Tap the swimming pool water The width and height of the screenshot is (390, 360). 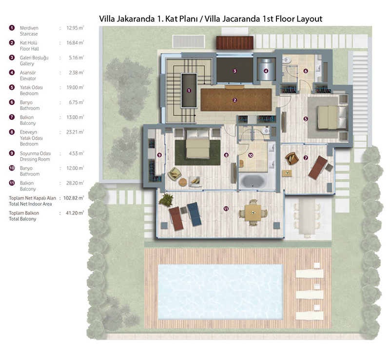click(x=221, y=292)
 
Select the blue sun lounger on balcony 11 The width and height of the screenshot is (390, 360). click(x=194, y=214)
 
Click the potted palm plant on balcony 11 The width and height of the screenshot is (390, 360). click(x=166, y=200)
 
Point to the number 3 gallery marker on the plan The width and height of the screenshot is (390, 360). click(x=234, y=71)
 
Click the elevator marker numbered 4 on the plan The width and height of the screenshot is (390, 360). click(x=266, y=71)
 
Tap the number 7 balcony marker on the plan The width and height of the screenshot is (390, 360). click(x=306, y=158)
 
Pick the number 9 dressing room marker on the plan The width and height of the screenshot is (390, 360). click(x=159, y=155)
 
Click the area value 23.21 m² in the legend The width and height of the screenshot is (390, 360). click(x=75, y=132)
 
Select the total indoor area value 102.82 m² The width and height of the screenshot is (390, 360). click(x=74, y=198)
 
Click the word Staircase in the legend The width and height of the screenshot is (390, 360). click(x=29, y=34)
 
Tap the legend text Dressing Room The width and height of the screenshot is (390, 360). click(x=35, y=160)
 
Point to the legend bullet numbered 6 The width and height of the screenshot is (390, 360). click(x=12, y=102)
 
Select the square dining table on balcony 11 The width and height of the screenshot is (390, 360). click(x=253, y=213)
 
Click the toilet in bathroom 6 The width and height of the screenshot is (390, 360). click(x=287, y=60)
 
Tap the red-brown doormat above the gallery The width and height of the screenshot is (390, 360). click(x=235, y=42)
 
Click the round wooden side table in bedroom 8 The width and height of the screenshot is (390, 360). click(x=183, y=182)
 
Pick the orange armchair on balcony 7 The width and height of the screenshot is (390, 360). click(x=292, y=159)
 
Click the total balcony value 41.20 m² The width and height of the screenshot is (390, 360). click(x=75, y=213)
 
